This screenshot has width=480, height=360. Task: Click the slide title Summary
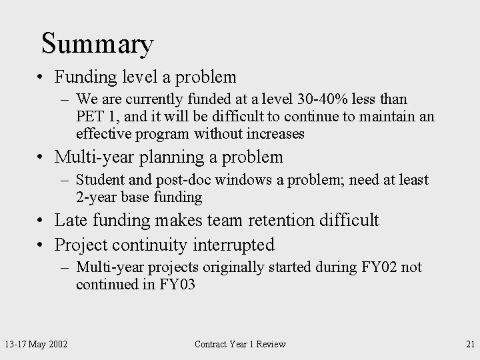tap(97, 44)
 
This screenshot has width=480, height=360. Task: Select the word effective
tap(105, 134)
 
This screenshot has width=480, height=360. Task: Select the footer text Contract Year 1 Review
tap(239, 344)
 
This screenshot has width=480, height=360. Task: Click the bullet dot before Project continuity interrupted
tap(41, 245)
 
